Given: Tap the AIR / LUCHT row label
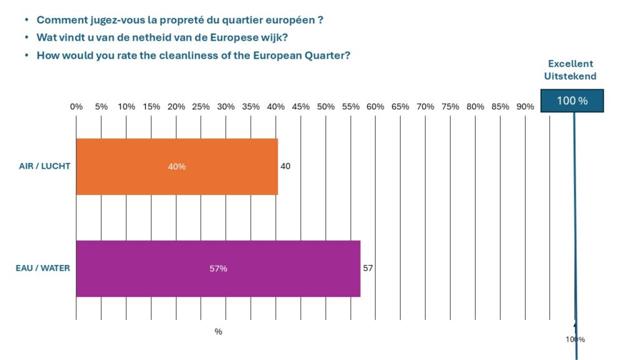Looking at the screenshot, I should click(x=44, y=167).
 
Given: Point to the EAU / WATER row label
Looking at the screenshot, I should click(x=42, y=269).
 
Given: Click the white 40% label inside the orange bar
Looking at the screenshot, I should click(x=177, y=167).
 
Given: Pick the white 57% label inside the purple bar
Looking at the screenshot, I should click(x=218, y=269).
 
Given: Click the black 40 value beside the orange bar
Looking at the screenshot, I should click(x=286, y=166).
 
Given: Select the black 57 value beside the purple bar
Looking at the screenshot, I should click(x=368, y=268).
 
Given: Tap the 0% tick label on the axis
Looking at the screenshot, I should click(x=76, y=107).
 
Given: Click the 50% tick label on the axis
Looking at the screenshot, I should click(x=326, y=107).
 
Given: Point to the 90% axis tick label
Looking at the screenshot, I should click(x=525, y=107).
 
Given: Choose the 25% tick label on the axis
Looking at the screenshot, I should click(x=201, y=107).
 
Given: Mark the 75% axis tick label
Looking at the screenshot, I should click(x=450, y=107).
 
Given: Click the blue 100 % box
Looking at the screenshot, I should click(x=572, y=101).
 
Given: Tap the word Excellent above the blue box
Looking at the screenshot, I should click(x=571, y=64).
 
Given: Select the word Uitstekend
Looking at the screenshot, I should click(x=571, y=76).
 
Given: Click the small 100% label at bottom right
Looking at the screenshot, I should click(x=575, y=339).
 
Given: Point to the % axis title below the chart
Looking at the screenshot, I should click(x=218, y=332).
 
